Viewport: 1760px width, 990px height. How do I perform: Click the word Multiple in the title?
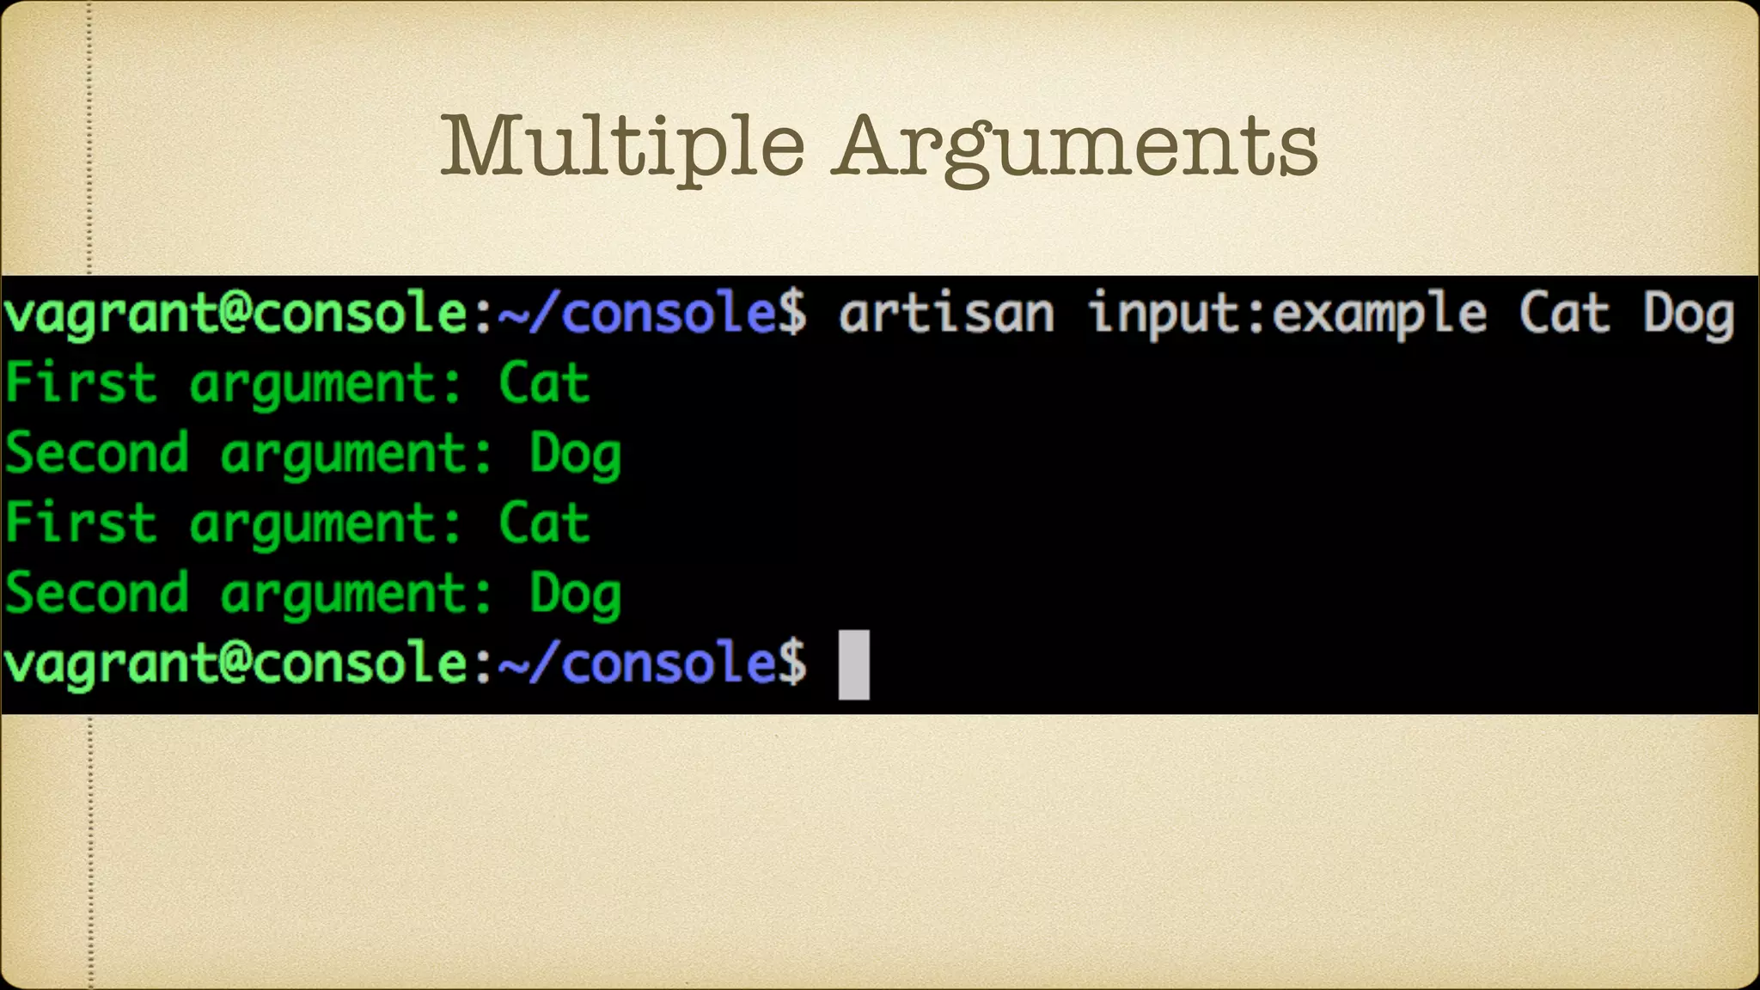pyautogui.click(x=623, y=146)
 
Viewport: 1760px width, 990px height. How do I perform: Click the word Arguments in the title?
pyautogui.click(x=1078, y=148)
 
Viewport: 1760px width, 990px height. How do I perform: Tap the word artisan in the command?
pyautogui.click(x=946, y=313)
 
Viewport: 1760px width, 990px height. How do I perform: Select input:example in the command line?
pyautogui.click(x=1287, y=315)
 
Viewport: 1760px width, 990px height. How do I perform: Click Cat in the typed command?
pyautogui.click(x=1564, y=313)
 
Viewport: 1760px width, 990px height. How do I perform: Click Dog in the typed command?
pyautogui.click(x=1689, y=315)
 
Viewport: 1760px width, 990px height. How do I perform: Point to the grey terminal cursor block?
pyautogui.click(x=853, y=664)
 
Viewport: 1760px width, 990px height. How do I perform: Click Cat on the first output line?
pyautogui.click(x=544, y=383)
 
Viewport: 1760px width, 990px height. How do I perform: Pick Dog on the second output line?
pyautogui.click(x=575, y=455)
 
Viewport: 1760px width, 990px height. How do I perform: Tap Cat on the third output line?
pyautogui.click(x=544, y=523)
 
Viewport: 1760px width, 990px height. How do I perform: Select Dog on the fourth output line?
pyautogui.click(x=575, y=595)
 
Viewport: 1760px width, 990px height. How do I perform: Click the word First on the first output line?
pyautogui.click(x=81, y=383)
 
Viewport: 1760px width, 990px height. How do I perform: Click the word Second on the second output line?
pyautogui.click(x=96, y=453)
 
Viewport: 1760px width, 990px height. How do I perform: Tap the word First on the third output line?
pyautogui.click(x=81, y=523)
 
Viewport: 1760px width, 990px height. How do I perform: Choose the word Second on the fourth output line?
pyautogui.click(x=96, y=593)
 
